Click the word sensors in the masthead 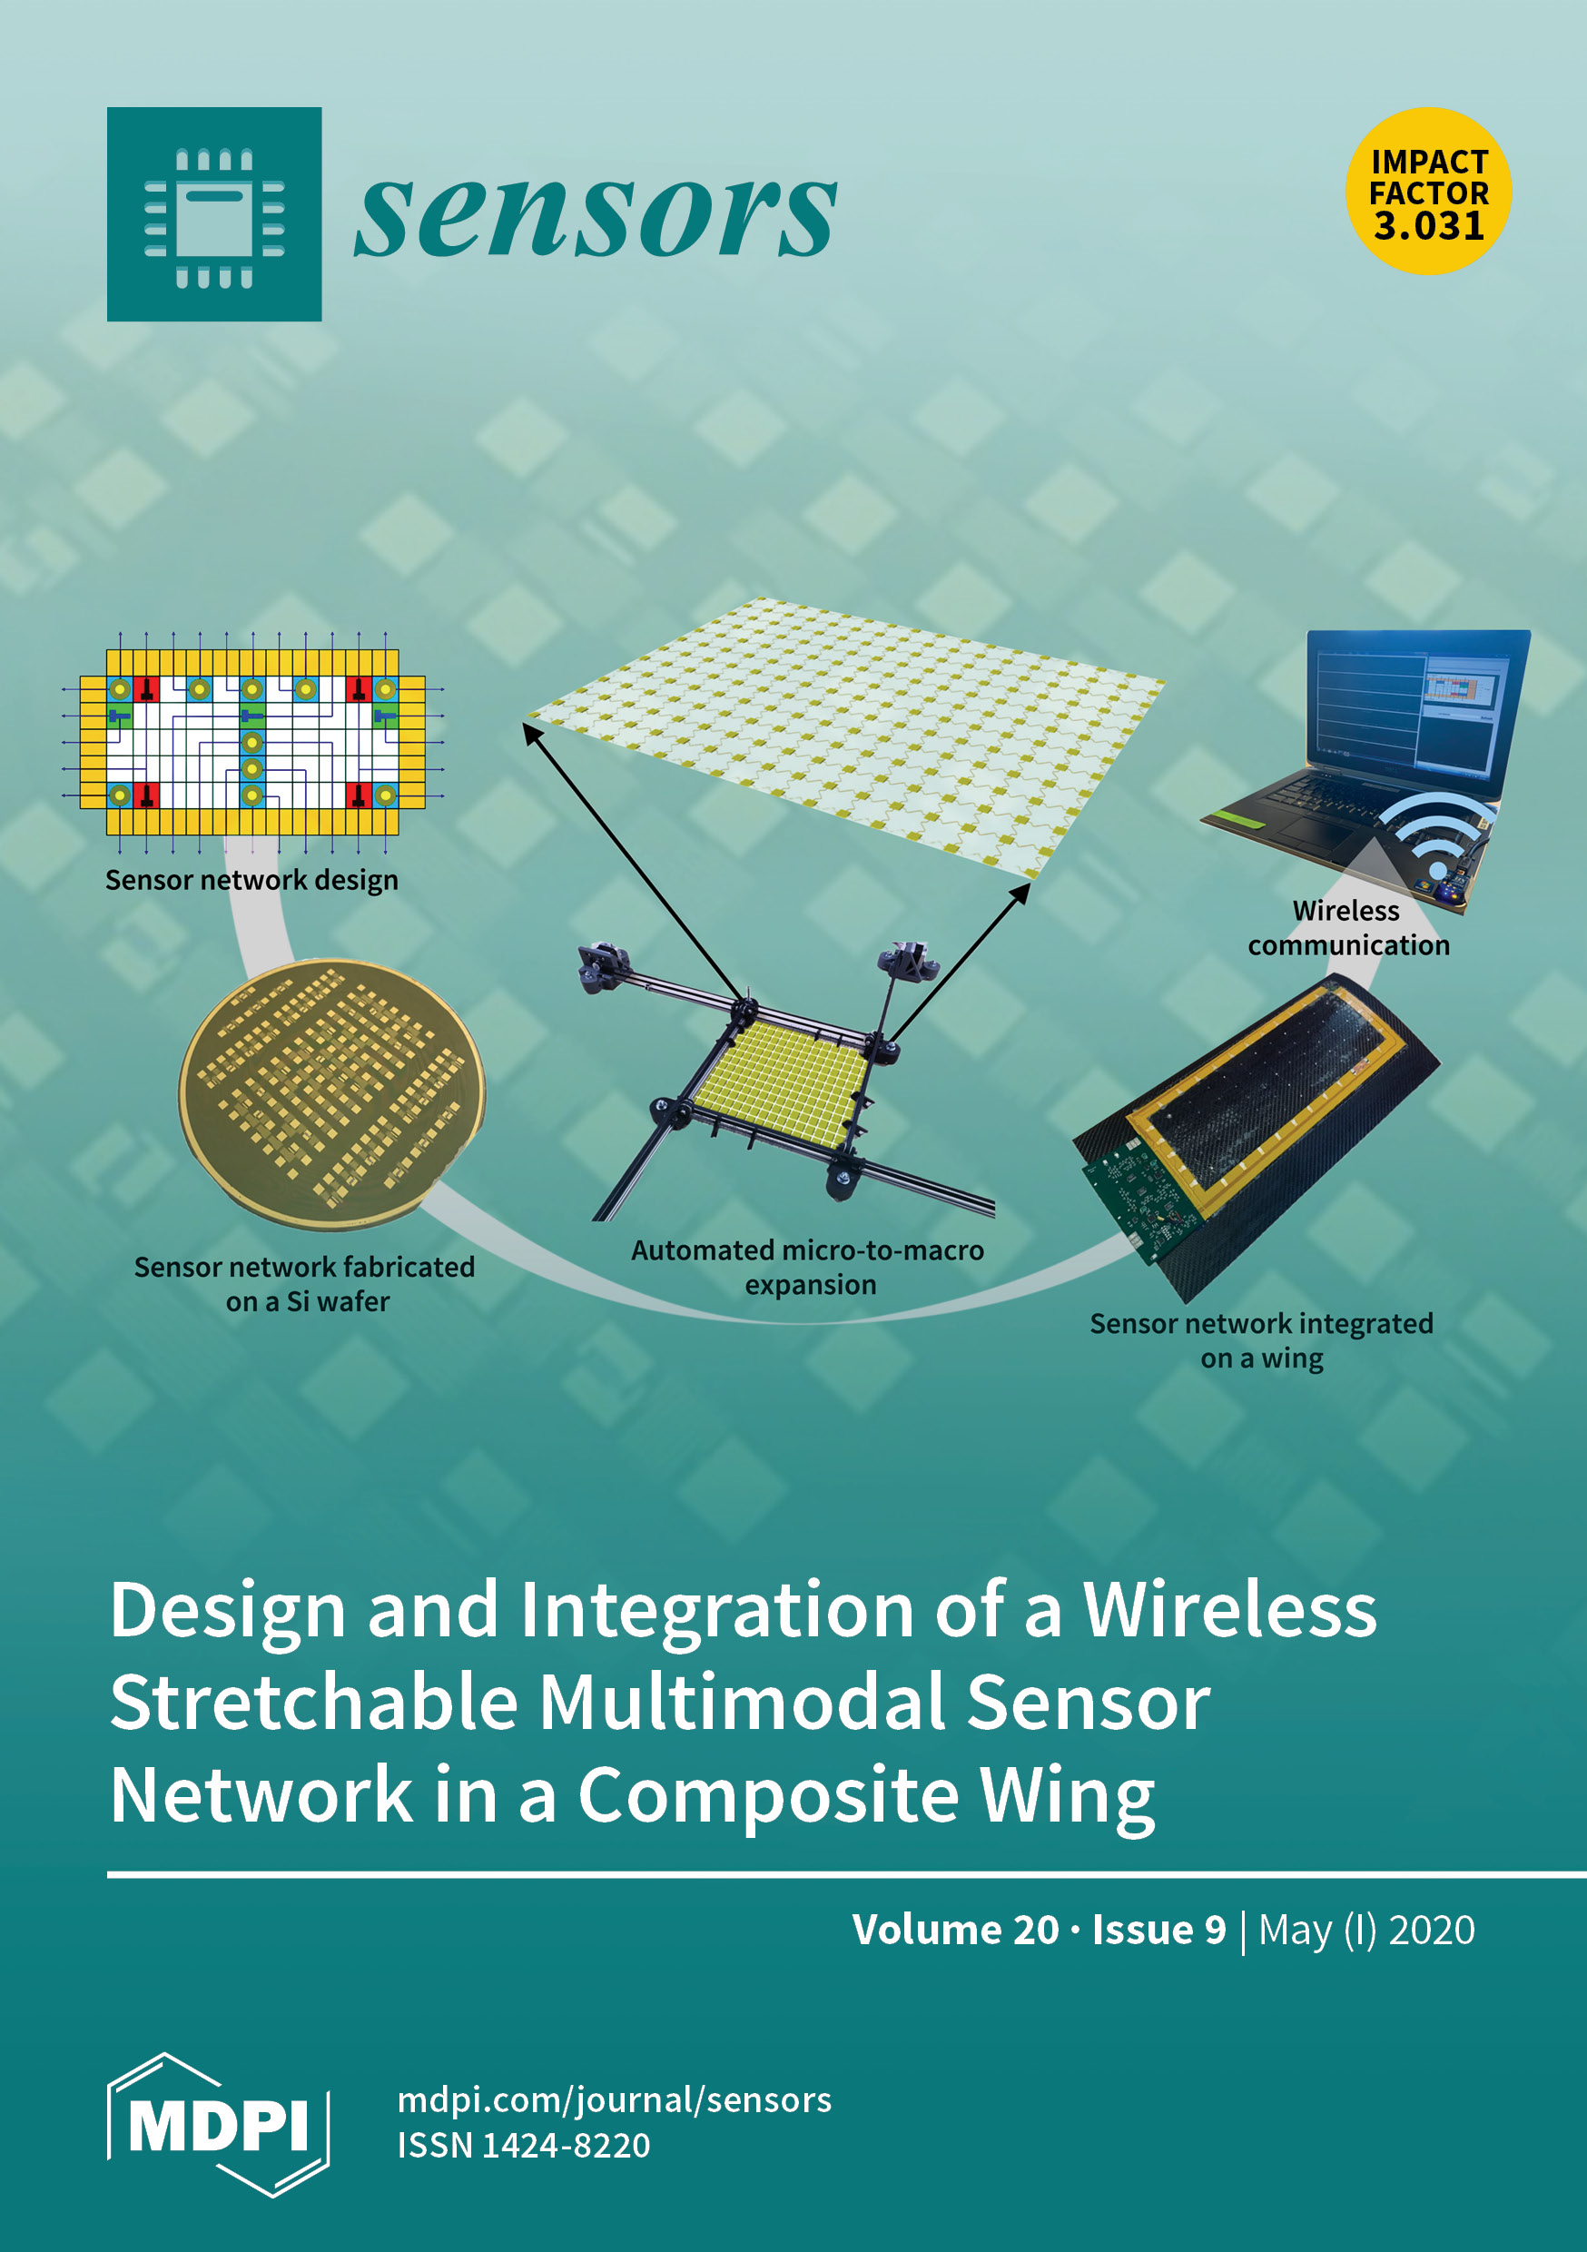click(595, 216)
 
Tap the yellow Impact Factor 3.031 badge click(1428, 192)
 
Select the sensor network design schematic click(252, 742)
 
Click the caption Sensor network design click(252, 880)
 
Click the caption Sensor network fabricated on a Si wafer click(305, 1284)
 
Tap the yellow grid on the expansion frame click(780, 1081)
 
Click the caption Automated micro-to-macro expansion click(808, 1268)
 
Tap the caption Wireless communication click(1347, 928)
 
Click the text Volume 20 click(954, 1930)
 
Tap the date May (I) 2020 click(1366, 1930)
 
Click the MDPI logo click(218, 2124)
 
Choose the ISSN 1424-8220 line click(524, 2145)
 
